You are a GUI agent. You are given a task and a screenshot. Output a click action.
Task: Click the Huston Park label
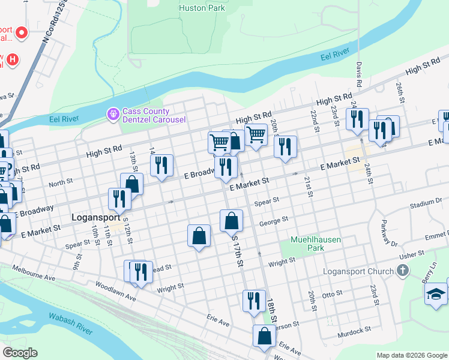202,8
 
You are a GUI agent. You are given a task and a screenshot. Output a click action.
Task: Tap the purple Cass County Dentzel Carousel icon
113,113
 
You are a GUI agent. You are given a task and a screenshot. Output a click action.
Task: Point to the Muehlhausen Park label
316,244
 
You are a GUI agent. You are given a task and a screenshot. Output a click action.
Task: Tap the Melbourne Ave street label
34,271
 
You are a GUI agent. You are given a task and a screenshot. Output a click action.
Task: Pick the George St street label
274,222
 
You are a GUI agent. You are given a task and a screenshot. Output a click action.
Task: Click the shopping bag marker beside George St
232,221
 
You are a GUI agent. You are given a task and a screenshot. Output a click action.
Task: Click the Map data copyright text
411,355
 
